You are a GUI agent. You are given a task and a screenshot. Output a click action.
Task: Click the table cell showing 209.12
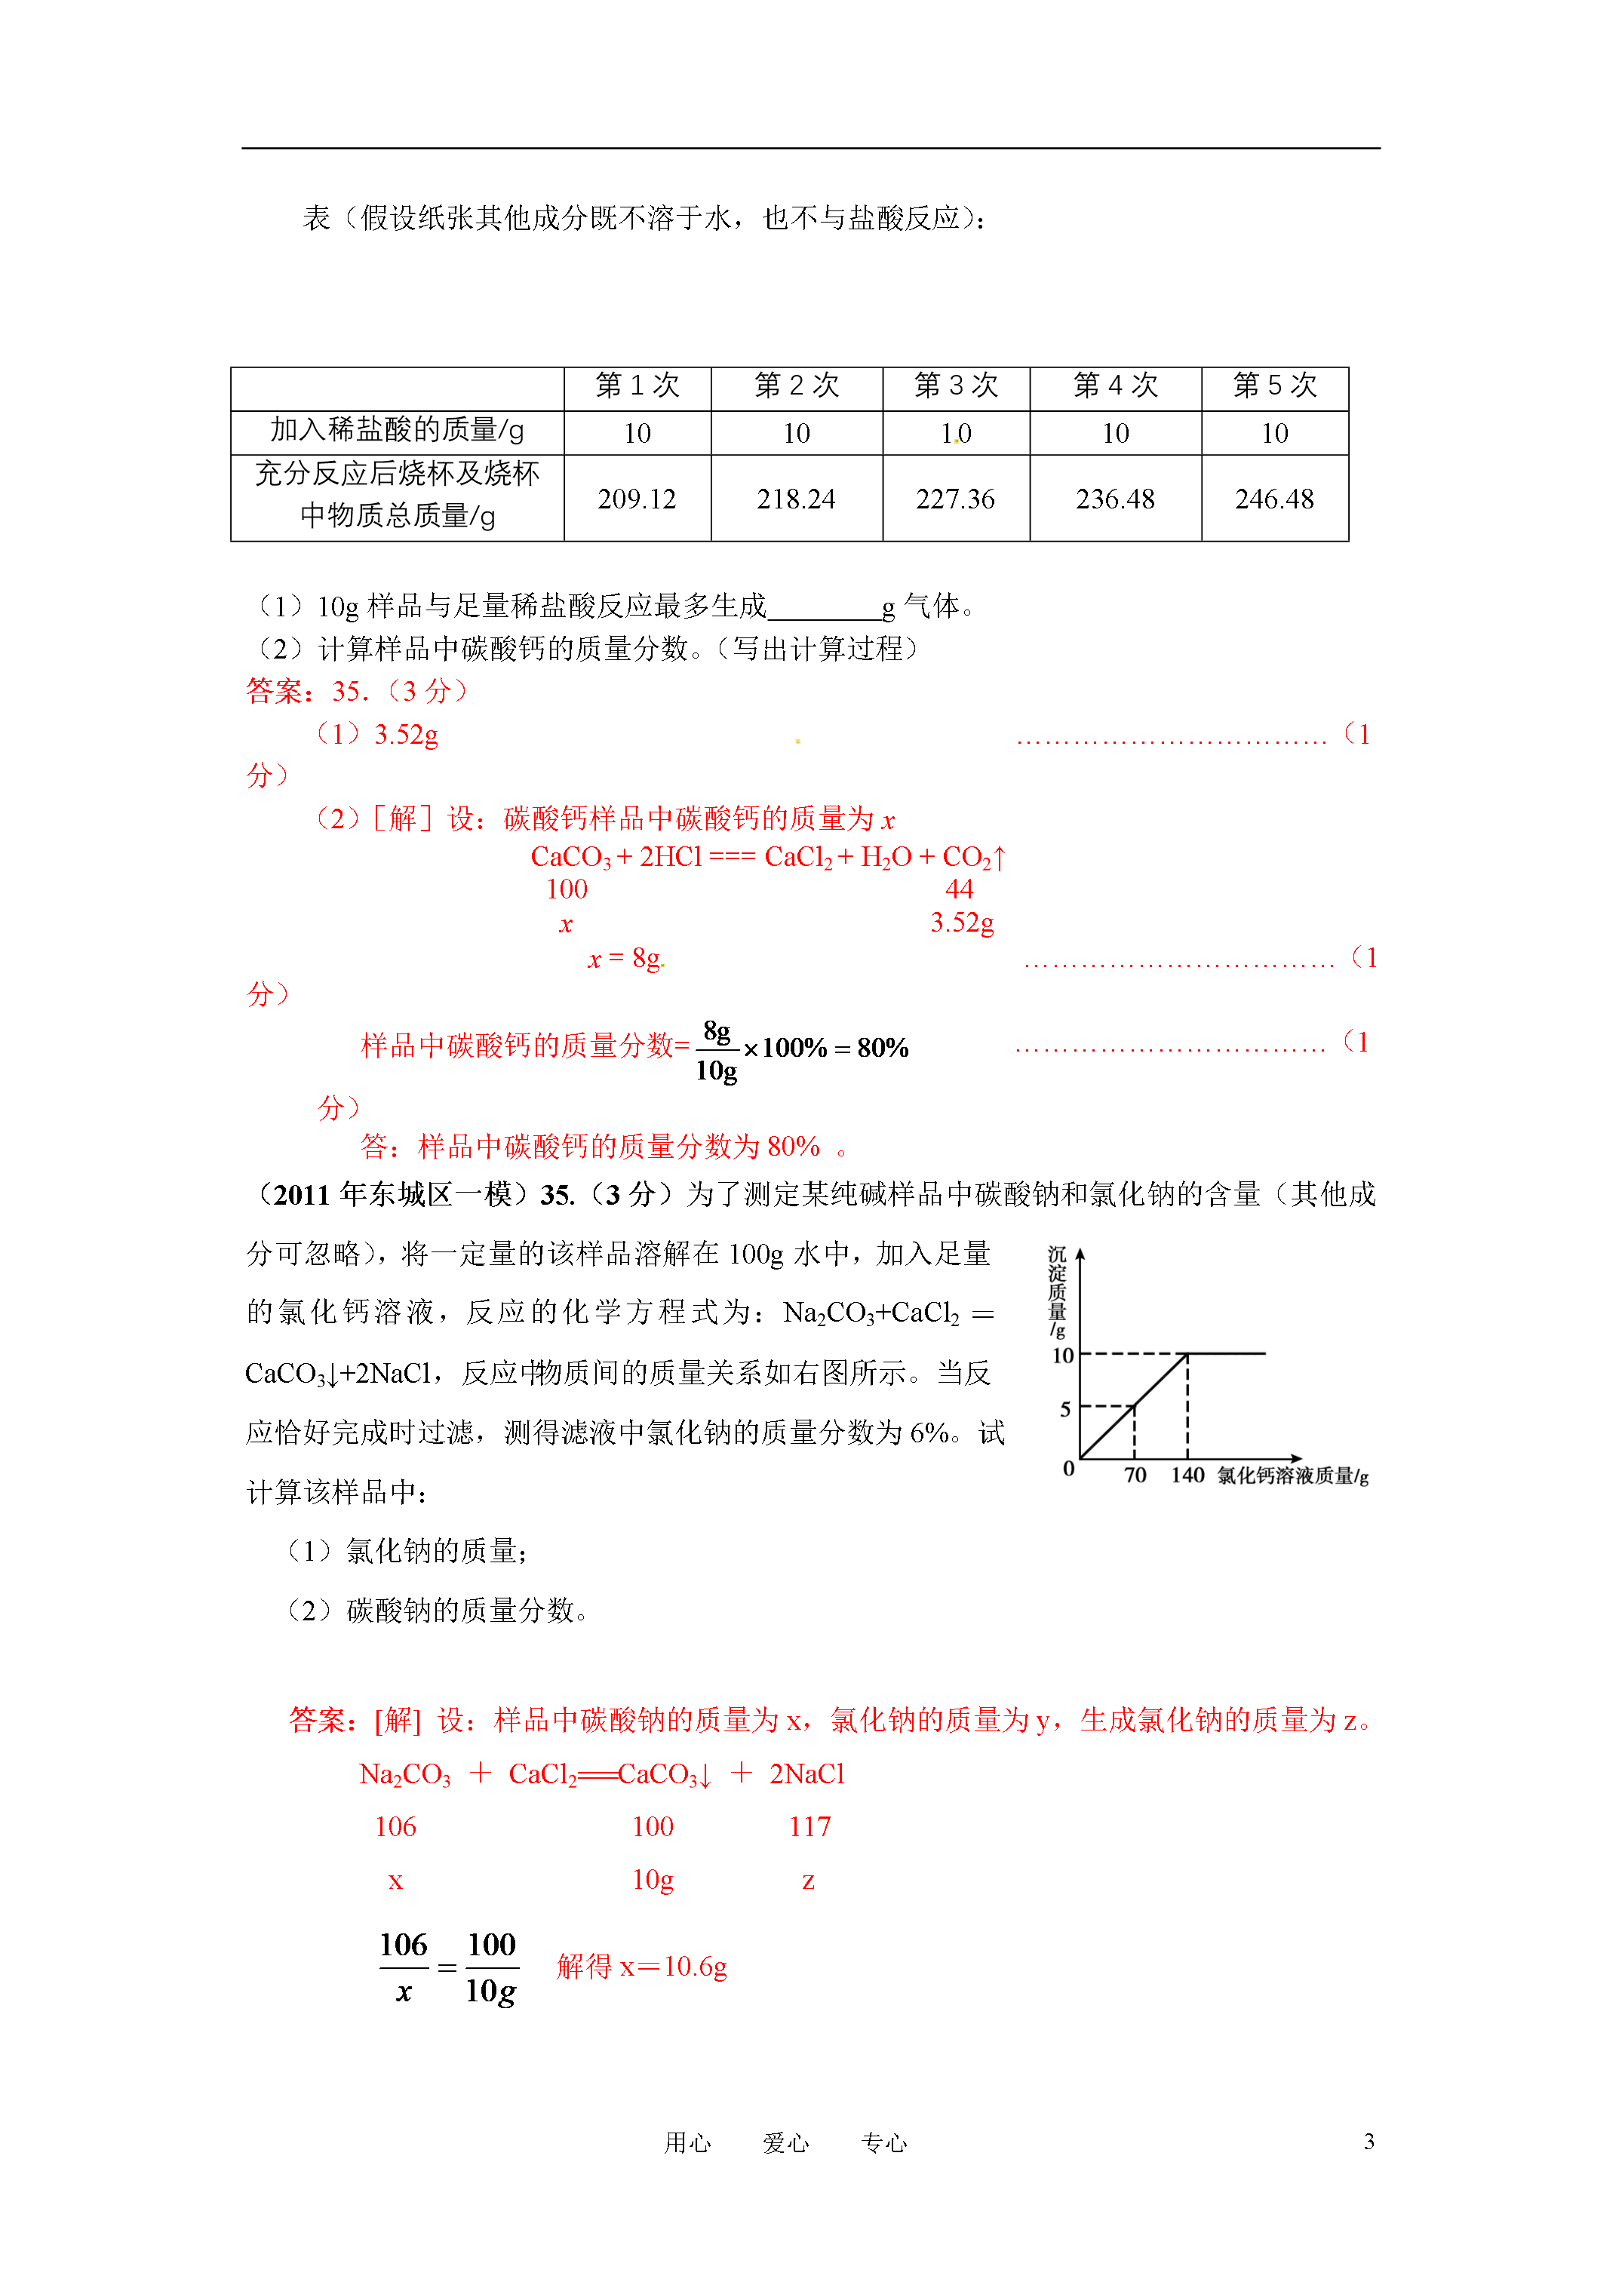(637, 499)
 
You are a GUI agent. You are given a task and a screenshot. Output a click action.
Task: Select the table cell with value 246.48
(1274, 499)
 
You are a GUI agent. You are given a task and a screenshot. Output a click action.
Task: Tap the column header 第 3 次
(955, 385)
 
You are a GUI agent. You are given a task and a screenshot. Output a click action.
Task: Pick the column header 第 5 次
(1274, 385)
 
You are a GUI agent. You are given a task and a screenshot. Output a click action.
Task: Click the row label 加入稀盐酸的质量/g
(397, 431)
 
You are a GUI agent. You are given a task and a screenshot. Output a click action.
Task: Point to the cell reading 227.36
(955, 499)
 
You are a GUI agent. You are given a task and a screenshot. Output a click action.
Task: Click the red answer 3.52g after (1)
(406, 735)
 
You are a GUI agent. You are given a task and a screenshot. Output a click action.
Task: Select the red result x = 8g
(625, 959)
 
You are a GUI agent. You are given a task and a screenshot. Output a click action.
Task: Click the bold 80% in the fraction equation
(883, 1048)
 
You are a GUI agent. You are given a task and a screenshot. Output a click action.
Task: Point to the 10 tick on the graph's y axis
(1062, 1356)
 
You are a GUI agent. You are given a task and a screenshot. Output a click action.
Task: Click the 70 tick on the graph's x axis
(1135, 1476)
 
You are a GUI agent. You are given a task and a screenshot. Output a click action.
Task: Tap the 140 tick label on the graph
(1187, 1476)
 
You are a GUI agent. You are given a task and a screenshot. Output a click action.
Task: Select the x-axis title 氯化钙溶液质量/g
(1292, 1476)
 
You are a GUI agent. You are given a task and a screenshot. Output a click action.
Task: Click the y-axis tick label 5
(1065, 1410)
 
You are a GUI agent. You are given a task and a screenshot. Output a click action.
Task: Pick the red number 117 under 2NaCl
(809, 1826)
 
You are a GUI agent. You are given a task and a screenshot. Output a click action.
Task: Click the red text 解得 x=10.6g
(641, 1967)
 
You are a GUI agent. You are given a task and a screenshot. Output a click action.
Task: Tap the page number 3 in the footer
(1369, 2141)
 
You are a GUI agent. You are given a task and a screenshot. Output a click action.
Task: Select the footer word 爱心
(785, 2142)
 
